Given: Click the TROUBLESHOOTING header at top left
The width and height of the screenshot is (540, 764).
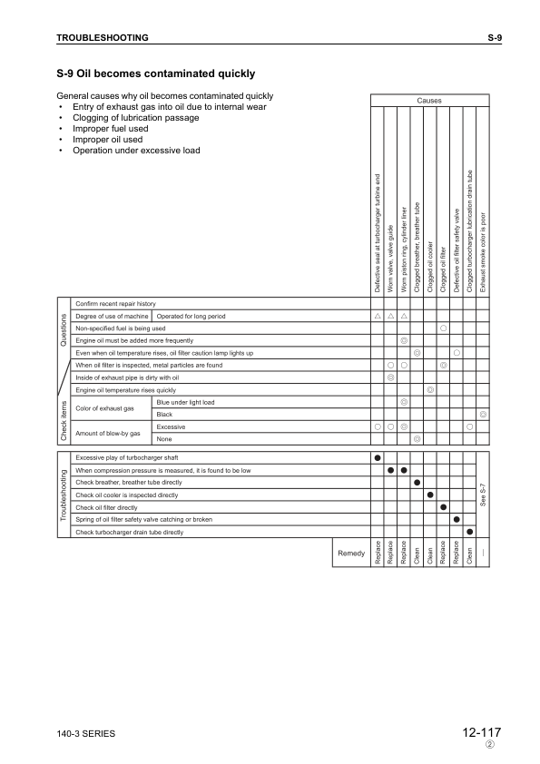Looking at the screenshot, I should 103,37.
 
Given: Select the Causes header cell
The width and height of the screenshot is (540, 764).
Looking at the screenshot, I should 429,100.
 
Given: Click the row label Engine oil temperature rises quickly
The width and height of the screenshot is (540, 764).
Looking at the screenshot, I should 125,388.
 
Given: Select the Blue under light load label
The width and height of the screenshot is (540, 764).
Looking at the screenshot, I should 186,401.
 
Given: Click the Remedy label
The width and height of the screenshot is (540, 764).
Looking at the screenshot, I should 350,553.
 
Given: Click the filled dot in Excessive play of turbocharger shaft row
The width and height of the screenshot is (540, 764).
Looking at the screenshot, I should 377,457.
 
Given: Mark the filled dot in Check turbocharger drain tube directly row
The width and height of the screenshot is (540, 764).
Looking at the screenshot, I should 469,531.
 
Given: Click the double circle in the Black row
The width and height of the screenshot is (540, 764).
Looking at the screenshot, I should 483,414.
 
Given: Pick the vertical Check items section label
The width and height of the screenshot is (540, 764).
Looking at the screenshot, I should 63,419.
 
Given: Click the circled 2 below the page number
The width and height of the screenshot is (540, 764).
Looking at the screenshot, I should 489,745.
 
